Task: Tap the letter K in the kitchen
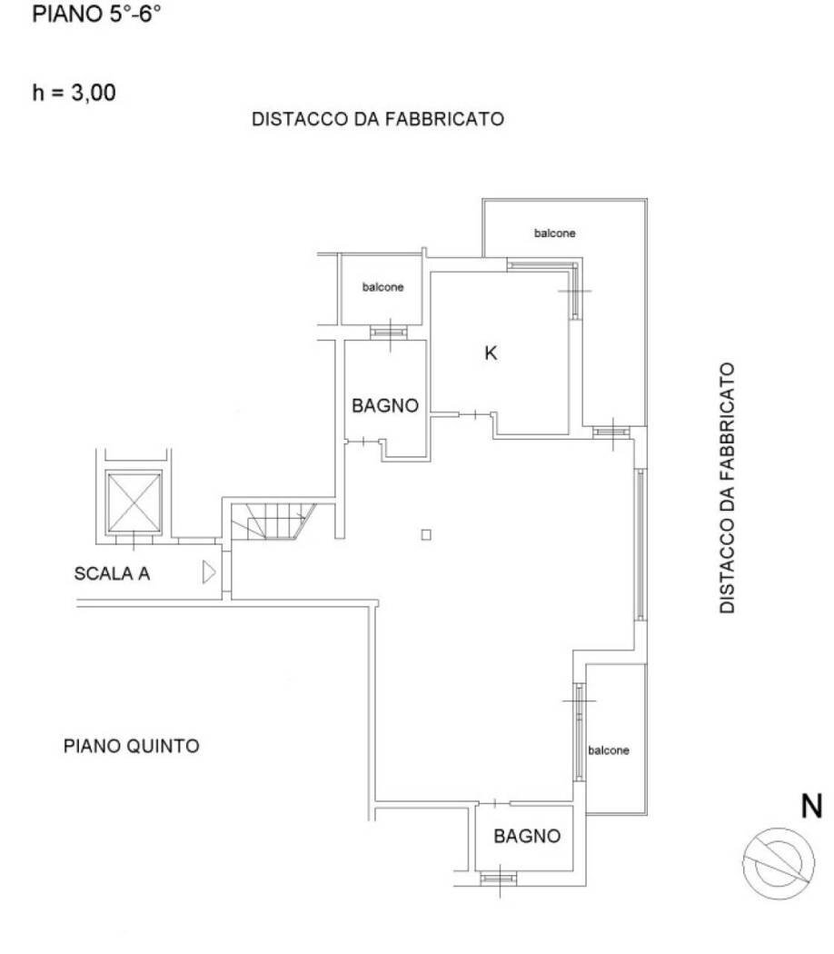click(x=491, y=354)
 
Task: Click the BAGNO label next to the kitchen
click(x=385, y=406)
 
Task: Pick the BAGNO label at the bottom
click(x=527, y=836)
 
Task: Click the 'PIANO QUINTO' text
click(x=132, y=747)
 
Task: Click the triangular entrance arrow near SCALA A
click(x=208, y=572)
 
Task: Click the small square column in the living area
click(x=426, y=534)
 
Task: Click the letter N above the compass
click(x=810, y=806)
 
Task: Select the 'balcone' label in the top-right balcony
click(x=554, y=234)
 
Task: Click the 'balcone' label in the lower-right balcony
click(x=609, y=750)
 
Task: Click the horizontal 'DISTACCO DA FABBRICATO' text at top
click(x=377, y=119)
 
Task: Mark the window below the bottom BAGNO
click(x=497, y=878)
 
